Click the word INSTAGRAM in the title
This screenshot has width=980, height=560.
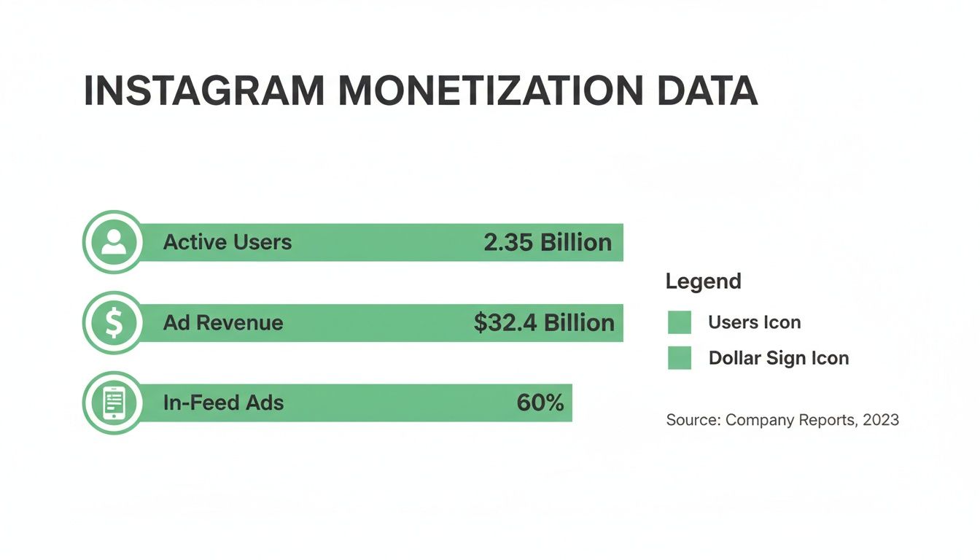coord(204,92)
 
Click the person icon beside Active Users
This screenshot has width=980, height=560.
coord(113,241)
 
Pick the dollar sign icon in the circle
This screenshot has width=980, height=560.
coord(113,322)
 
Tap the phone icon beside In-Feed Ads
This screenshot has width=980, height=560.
coord(113,402)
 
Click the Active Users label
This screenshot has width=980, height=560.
coord(227,242)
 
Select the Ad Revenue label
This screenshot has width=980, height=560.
coord(222,323)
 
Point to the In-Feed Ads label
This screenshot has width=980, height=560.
coord(223,402)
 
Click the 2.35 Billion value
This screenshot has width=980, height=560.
coord(548,243)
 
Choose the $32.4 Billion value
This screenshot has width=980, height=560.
coord(544,323)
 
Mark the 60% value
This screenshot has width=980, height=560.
coord(540,402)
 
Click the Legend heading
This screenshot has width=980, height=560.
coord(703,281)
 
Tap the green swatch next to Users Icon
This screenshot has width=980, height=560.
coord(679,322)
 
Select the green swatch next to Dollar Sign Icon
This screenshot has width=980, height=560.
coord(679,358)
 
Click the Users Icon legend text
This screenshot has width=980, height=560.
coord(754,322)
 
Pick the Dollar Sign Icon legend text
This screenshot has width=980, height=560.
coord(778,358)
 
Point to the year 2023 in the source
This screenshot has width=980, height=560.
coord(881,420)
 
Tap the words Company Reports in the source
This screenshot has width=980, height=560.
coord(790,420)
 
